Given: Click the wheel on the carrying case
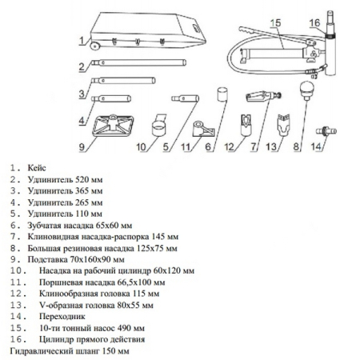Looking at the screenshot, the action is click(x=94, y=46).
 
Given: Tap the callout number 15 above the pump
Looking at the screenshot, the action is click(x=276, y=23).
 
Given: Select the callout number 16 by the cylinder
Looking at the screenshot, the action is click(x=314, y=23).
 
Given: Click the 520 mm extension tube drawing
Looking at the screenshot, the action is click(x=138, y=63).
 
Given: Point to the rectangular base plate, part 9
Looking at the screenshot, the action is click(x=113, y=125).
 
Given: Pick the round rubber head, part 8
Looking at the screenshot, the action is click(x=307, y=90).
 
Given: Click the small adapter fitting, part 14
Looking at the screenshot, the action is click(x=326, y=131).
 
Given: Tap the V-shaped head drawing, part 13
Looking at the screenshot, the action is click(x=283, y=124).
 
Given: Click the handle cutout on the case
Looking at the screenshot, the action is click(x=196, y=27).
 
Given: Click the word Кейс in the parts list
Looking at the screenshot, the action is click(x=37, y=168).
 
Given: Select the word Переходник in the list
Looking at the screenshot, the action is click(x=62, y=317).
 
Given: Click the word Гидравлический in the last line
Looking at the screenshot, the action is click(x=40, y=351).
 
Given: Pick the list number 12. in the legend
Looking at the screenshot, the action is click(x=18, y=294).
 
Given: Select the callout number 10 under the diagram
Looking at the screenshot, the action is click(x=141, y=146).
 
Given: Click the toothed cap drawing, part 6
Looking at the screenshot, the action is click(x=222, y=94).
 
